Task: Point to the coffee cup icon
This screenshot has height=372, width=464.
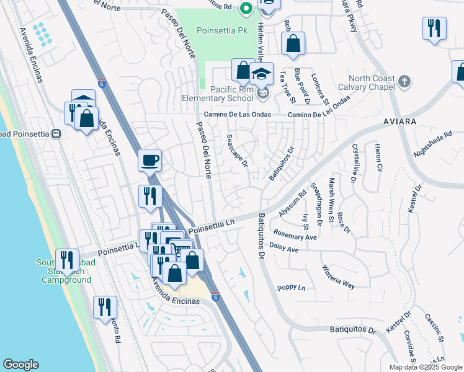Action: [149, 161]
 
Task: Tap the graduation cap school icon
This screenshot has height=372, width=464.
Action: [262, 75]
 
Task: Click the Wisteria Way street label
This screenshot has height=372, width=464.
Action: [338, 277]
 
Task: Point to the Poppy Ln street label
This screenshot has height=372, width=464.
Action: [292, 288]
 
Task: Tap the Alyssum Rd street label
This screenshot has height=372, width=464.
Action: [293, 203]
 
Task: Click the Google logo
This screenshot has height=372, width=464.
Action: [20, 365]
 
